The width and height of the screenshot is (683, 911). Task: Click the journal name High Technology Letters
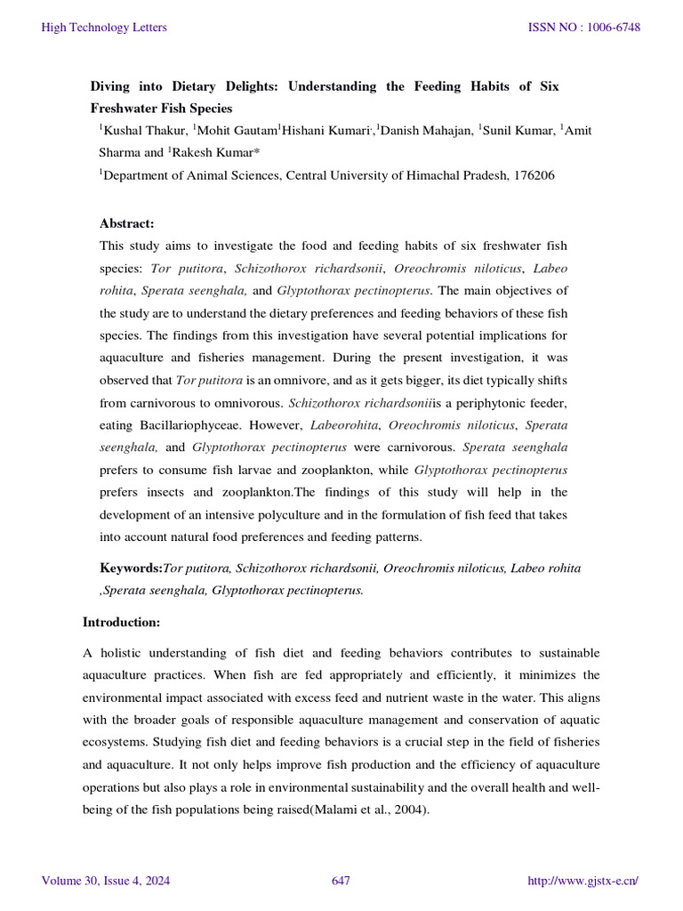[x=104, y=28]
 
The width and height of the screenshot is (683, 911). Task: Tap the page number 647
[x=341, y=881]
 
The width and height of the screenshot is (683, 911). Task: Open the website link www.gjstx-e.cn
[x=583, y=881]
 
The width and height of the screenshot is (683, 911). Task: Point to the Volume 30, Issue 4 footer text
[x=106, y=881]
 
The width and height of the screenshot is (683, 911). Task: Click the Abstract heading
[x=127, y=223]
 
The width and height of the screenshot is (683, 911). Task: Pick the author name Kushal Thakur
[x=143, y=131]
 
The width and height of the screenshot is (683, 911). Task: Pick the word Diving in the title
[x=111, y=86]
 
